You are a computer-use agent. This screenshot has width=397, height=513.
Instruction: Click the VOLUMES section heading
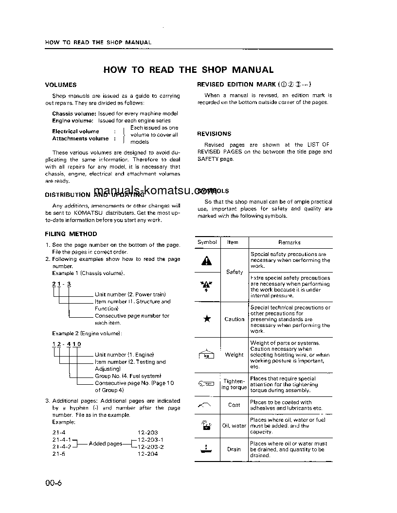pos(61,85)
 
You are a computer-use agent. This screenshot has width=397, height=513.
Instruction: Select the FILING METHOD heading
pos(71,234)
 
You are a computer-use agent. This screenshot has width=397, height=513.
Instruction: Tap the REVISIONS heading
pos(214,134)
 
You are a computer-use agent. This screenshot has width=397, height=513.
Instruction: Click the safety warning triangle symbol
pos(207,261)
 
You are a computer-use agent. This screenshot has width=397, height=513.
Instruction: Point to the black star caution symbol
pos(207,319)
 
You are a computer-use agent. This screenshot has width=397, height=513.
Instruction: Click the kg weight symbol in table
pos(207,355)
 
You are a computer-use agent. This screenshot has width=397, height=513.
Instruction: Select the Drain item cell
pos(234,449)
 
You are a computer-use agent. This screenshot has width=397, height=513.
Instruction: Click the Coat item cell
pos(234,405)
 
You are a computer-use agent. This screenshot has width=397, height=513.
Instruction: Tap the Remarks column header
pos(289,242)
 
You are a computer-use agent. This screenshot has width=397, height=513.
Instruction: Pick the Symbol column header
pos(207,242)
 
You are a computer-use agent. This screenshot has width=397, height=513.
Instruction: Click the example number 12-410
pos(67,344)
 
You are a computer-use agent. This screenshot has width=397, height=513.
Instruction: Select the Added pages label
pos(106,444)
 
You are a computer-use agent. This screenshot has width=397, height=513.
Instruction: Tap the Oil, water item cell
pos(234,426)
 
